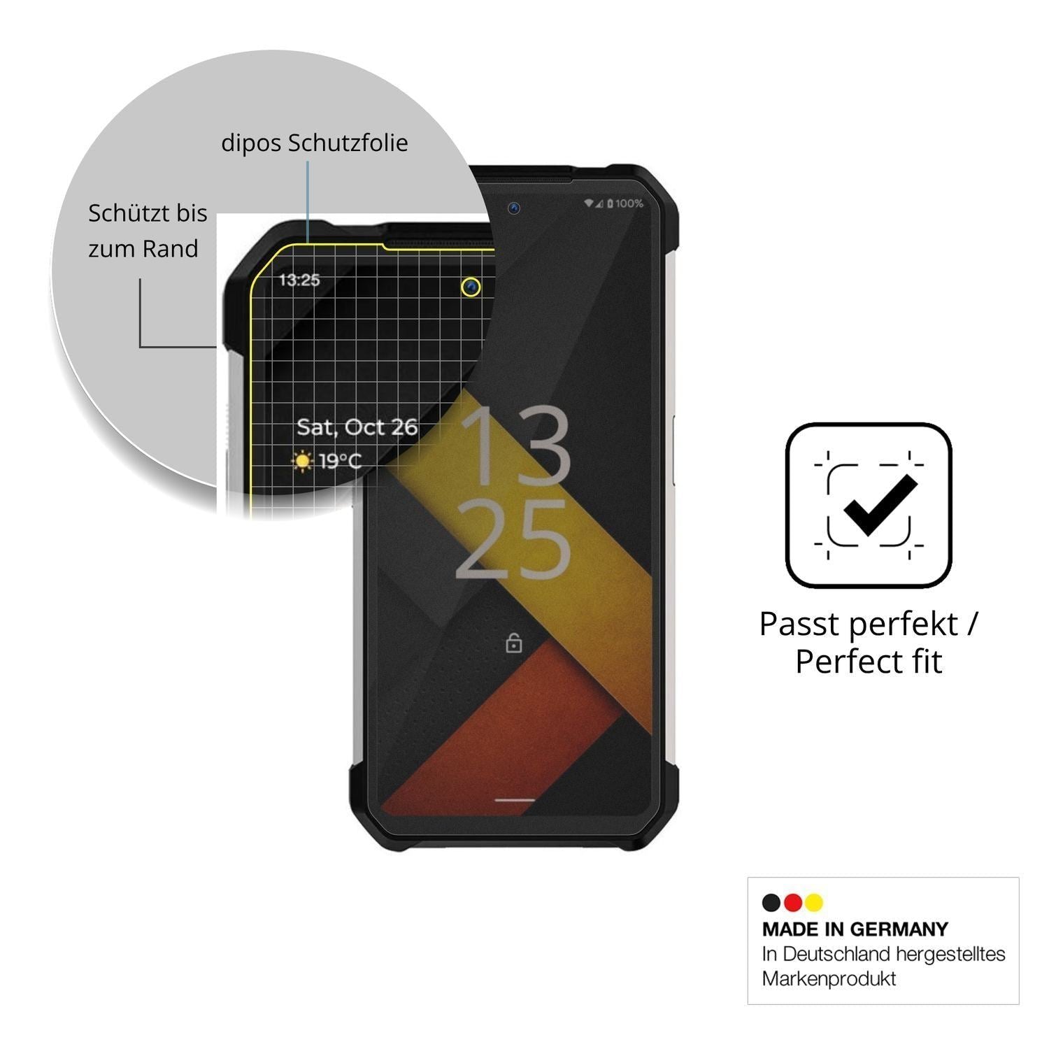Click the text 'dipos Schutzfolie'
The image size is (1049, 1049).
pos(315,143)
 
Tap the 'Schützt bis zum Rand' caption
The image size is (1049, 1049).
pos(148,231)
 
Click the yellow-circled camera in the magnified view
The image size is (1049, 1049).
pos(471,287)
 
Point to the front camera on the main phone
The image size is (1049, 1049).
pos(514,208)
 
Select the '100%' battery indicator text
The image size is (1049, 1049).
pos(629,204)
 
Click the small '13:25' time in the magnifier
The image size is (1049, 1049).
pos(299,280)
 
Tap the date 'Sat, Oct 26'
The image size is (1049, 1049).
pos(357,427)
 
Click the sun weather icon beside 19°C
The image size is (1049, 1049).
pos(304,461)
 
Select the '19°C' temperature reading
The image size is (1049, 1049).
pos(341,462)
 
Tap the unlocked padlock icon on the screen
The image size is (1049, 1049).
pos(514,642)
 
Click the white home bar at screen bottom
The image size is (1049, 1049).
pos(515,799)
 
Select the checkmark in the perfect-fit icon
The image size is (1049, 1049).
pos(880,505)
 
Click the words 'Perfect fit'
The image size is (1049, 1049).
pos(869,662)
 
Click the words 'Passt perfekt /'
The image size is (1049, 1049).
pos(869,624)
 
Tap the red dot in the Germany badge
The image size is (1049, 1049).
pos(793,903)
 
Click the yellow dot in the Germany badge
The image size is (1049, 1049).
pos(814,903)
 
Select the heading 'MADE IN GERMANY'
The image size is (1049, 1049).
pos(855,929)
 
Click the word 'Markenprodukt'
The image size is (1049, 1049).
pos(829,978)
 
